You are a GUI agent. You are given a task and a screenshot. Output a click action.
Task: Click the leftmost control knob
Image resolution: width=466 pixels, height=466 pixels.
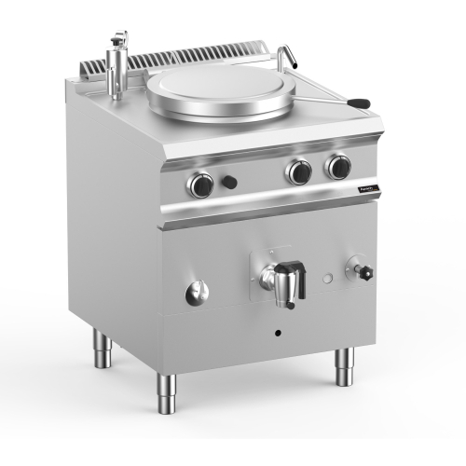point(201,185)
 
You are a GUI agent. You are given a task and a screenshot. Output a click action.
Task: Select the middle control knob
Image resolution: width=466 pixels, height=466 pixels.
point(298,171)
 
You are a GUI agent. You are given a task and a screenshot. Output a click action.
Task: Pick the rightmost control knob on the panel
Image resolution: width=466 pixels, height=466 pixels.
point(336,168)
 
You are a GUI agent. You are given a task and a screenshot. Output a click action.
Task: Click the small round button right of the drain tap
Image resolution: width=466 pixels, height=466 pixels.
point(325,279)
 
